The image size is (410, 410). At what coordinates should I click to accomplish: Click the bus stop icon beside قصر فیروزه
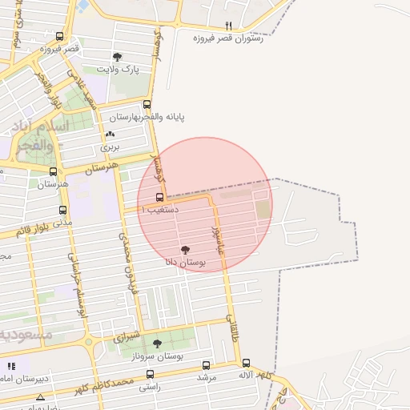pos(60,36)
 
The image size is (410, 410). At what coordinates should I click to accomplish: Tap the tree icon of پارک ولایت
pos(118,57)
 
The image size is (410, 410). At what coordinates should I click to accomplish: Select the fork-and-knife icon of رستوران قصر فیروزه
pos(228,26)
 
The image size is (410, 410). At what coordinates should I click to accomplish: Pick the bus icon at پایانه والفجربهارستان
pos(147,104)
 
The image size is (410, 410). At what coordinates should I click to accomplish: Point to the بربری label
pos(109,147)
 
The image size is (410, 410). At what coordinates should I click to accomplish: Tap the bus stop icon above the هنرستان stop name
pos(53,171)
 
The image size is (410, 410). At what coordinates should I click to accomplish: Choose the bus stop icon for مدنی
pos(62,210)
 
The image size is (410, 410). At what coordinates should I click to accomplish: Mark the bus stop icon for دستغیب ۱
pos(160,197)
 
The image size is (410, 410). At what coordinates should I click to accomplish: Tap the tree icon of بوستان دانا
pos(186,250)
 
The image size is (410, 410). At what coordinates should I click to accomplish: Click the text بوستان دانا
pos(186,262)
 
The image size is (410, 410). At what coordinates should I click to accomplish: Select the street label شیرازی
pos(126,336)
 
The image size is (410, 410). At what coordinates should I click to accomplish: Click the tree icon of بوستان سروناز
pos(157,344)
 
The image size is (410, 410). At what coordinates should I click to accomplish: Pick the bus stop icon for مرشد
pos(207,365)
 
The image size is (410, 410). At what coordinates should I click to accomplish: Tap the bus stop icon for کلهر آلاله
pos(246,363)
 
